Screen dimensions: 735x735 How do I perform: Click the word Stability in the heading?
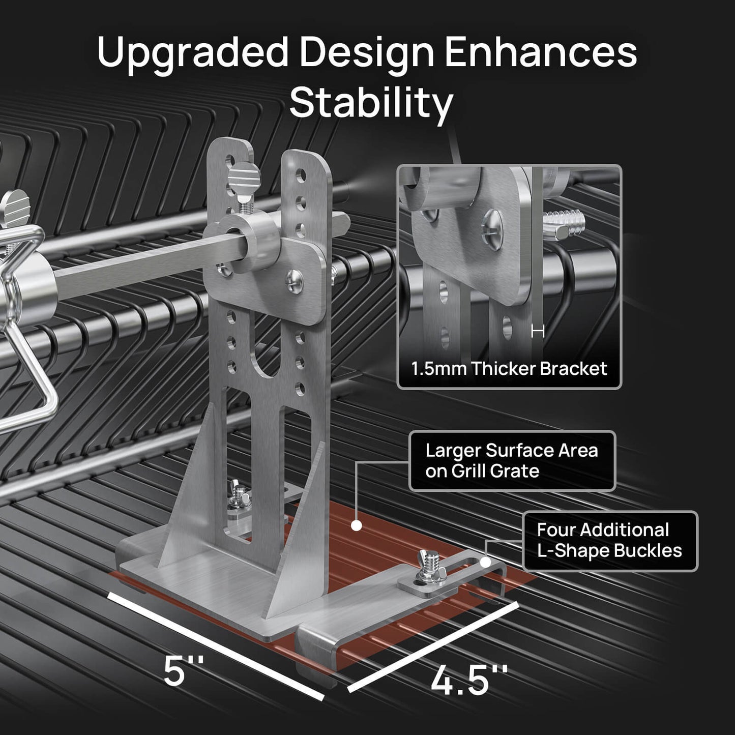pos(371,103)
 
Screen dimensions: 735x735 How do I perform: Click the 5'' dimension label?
pos(184,670)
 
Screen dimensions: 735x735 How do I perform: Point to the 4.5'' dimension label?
pos(469,680)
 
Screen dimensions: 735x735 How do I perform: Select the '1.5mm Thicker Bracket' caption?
pos(509,369)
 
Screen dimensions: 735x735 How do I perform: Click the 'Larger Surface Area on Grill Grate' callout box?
pos(512,461)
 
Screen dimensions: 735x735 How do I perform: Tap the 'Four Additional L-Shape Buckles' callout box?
pos(610,541)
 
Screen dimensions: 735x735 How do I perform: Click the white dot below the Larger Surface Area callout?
pos(356,525)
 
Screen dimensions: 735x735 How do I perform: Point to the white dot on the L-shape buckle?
pos(485,562)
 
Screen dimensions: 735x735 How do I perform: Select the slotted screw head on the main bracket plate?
pos(295,281)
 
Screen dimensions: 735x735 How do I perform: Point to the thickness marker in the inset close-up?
pos(538,332)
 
